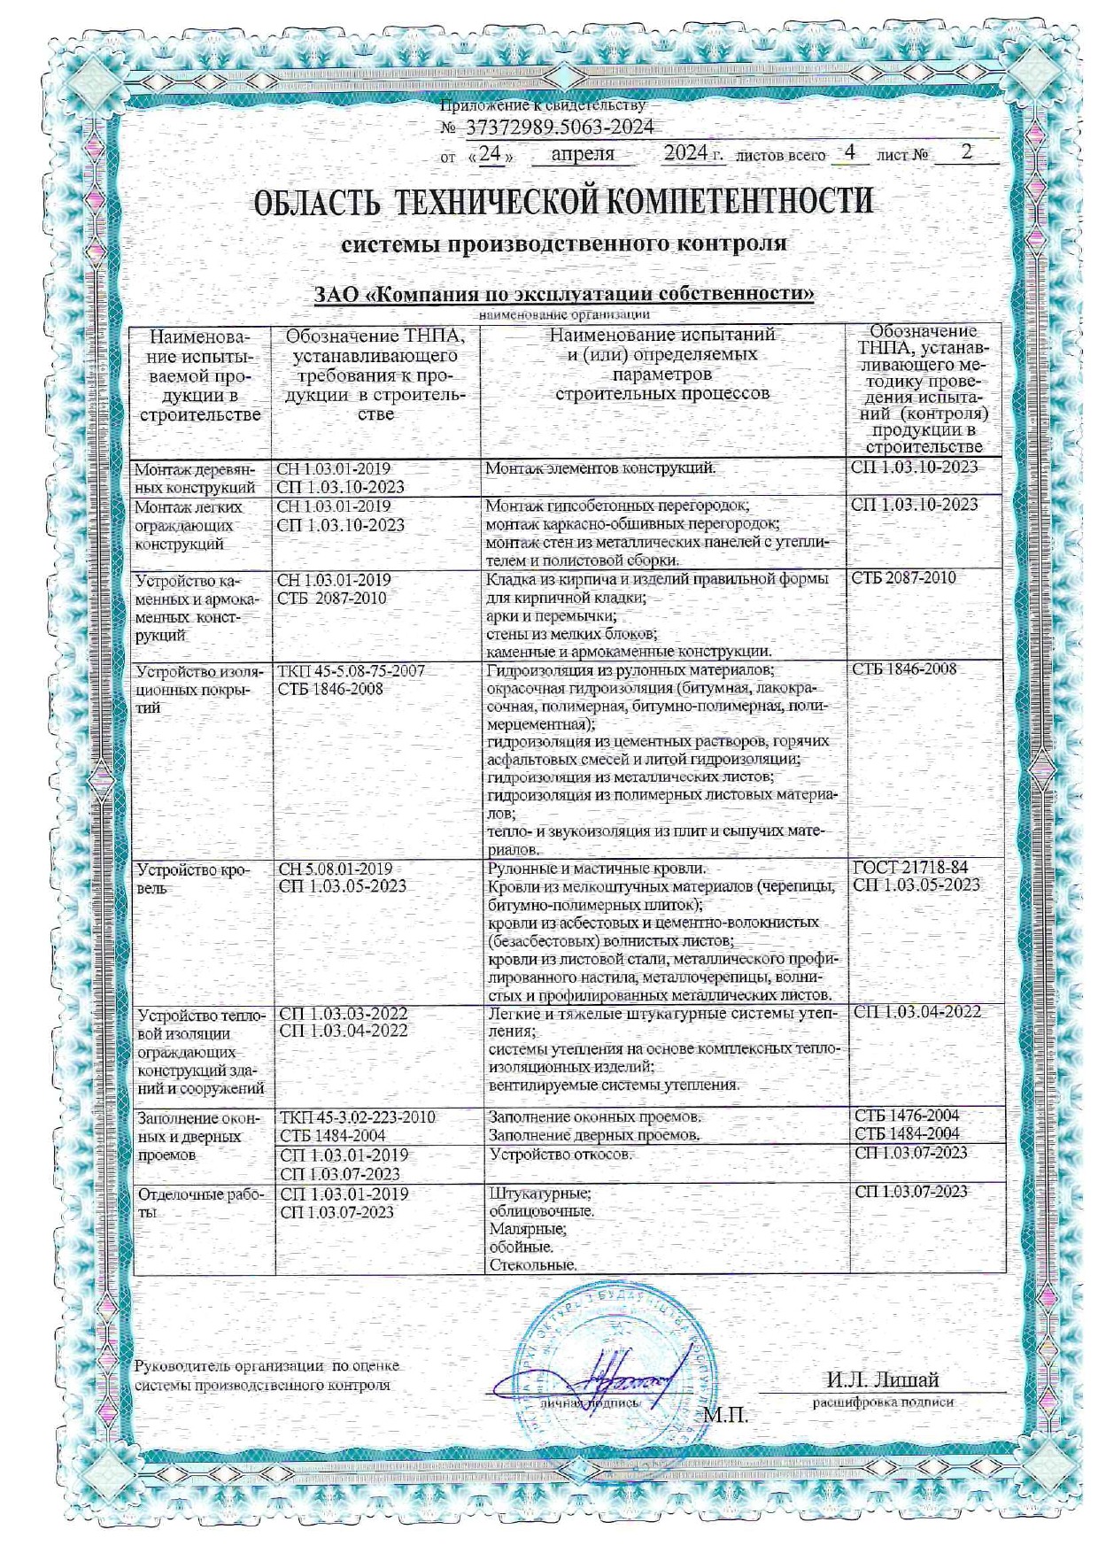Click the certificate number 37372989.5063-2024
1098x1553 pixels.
coord(558,127)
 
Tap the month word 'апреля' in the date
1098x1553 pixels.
coord(582,154)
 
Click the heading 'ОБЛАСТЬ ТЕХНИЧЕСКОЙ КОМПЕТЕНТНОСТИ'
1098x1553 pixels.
coord(563,201)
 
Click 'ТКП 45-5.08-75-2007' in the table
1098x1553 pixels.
coord(352,671)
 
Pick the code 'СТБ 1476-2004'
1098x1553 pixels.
coord(907,1116)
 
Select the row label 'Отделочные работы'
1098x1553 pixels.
coord(199,1202)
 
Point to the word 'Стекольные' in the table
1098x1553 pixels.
coord(532,1265)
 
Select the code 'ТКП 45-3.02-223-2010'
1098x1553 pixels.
coord(357,1117)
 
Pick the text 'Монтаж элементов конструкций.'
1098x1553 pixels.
coord(600,467)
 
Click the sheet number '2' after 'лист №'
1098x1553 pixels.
coord(967,151)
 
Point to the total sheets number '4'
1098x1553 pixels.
coord(850,151)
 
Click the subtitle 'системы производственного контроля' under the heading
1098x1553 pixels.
coord(564,243)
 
